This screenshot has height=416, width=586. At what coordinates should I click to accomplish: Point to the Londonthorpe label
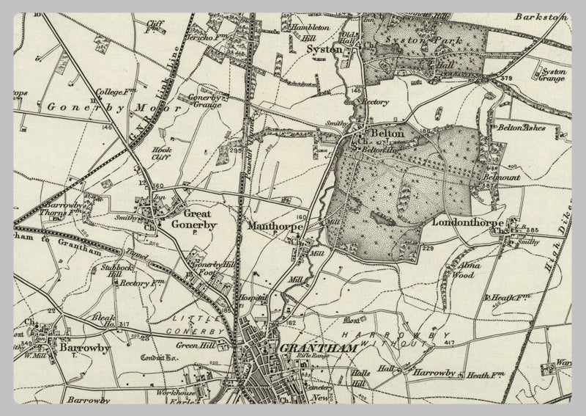tap(466, 221)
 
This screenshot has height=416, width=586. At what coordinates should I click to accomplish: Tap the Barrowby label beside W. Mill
tap(75, 349)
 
